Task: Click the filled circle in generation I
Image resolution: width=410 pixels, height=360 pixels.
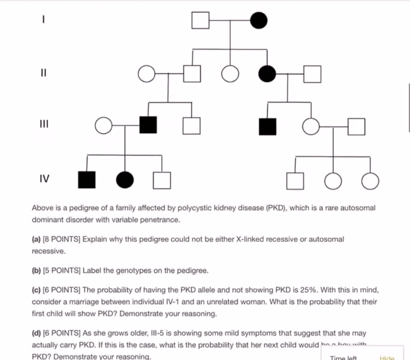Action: [x=259, y=20]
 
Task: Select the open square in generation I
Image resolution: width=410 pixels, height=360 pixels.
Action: [x=200, y=20]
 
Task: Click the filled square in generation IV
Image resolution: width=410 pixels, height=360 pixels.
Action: [x=87, y=180]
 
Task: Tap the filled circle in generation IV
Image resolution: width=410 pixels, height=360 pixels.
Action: [x=125, y=180]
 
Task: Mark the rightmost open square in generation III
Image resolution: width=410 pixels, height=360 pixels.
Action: [x=356, y=127]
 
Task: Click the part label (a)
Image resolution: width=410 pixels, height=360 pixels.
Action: [x=36, y=239]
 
